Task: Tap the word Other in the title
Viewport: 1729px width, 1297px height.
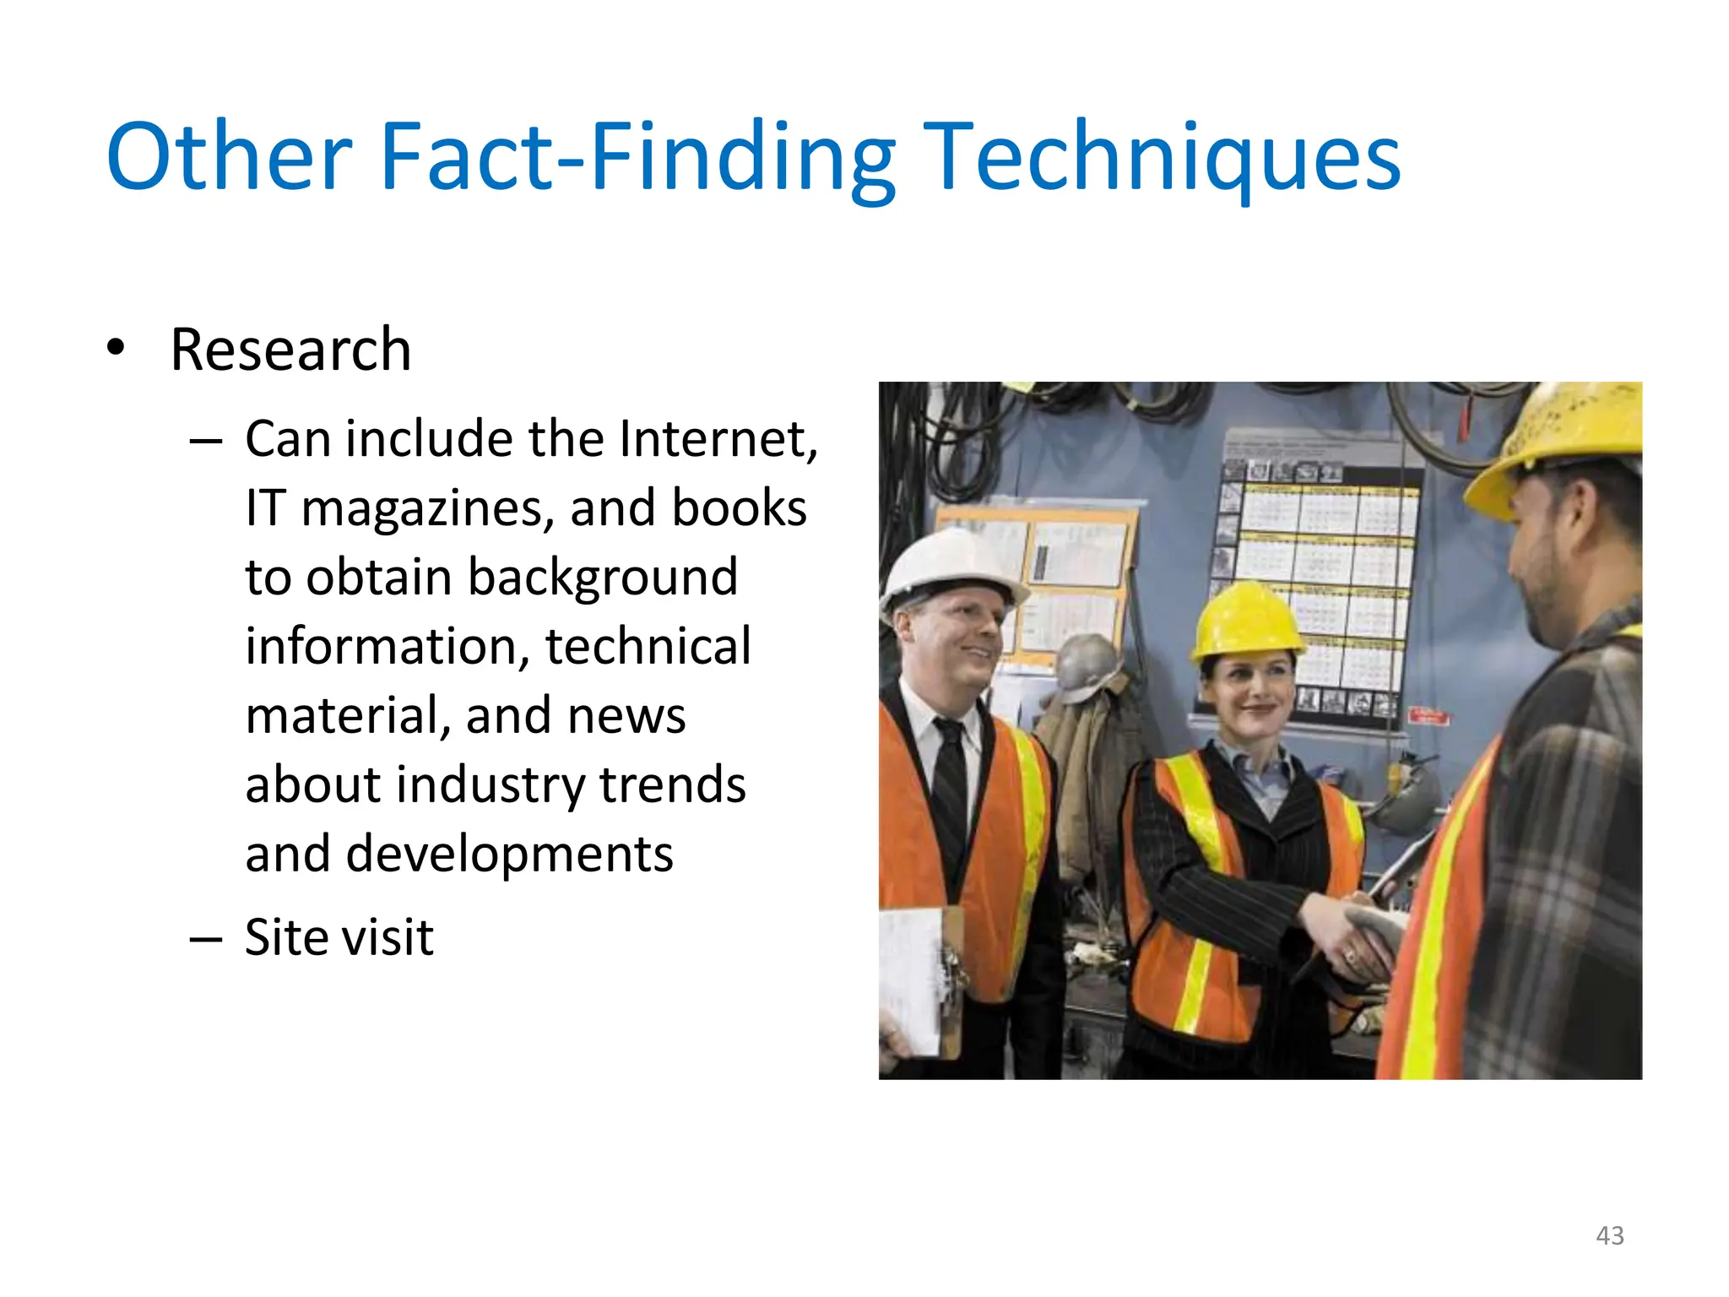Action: tap(229, 157)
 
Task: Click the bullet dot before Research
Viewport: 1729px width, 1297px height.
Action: tap(116, 347)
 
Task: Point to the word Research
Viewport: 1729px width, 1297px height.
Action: tap(290, 350)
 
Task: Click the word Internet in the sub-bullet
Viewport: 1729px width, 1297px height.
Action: tap(717, 440)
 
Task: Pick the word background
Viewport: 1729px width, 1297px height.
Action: tap(603, 578)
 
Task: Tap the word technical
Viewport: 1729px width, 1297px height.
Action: tap(648, 647)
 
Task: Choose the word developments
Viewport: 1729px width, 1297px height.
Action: tap(509, 855)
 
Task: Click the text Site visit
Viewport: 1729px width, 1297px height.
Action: tap(339, 938)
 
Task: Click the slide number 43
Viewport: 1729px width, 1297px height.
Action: tap(1610, 1235)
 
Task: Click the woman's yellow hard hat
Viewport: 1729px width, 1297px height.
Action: tap(1247, 621)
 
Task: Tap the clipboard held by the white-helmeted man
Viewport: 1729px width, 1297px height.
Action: tap(920, 980)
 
